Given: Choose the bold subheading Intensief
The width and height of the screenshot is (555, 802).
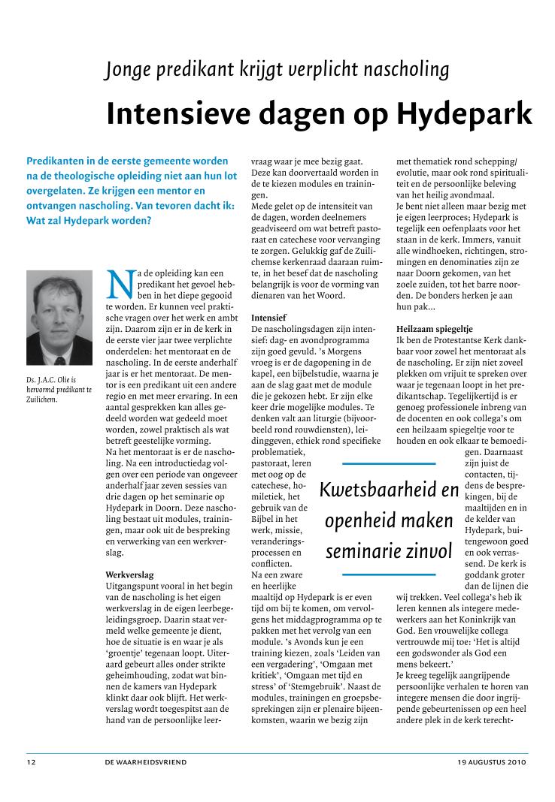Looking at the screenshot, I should [x=268, y=318].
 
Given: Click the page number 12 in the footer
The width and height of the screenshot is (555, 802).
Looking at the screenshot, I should [x=32, y=761].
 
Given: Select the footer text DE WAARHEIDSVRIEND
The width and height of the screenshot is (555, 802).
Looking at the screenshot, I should [x=146, y=761].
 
